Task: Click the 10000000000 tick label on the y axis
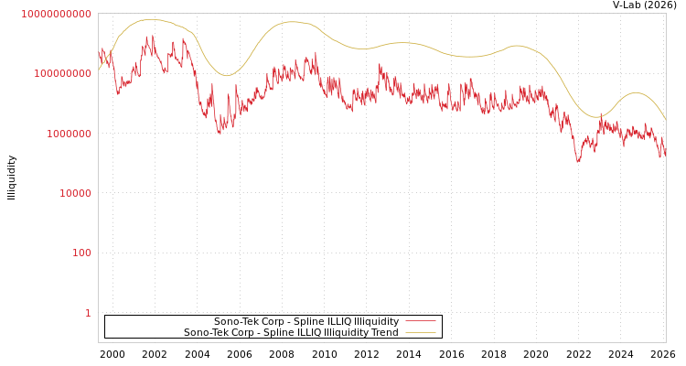click(x=56, y=15)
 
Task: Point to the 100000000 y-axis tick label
click(x=62, y=74)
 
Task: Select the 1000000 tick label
click(x=68, y=134)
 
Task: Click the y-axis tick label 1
click(x=88, y=313)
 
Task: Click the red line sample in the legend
click(x=420, y=322)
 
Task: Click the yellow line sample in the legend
click(x=420, y=333)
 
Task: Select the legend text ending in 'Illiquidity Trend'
click(x=291, y=333)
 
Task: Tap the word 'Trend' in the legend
click(x=384, y=333)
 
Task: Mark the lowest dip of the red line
click(x=578, y=162)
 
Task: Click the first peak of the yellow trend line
click(x=151, y=19)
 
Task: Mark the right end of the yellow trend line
click(x=666, y=121)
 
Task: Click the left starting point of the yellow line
click(x=99, y=70)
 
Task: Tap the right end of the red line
click(x=665, y=156)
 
